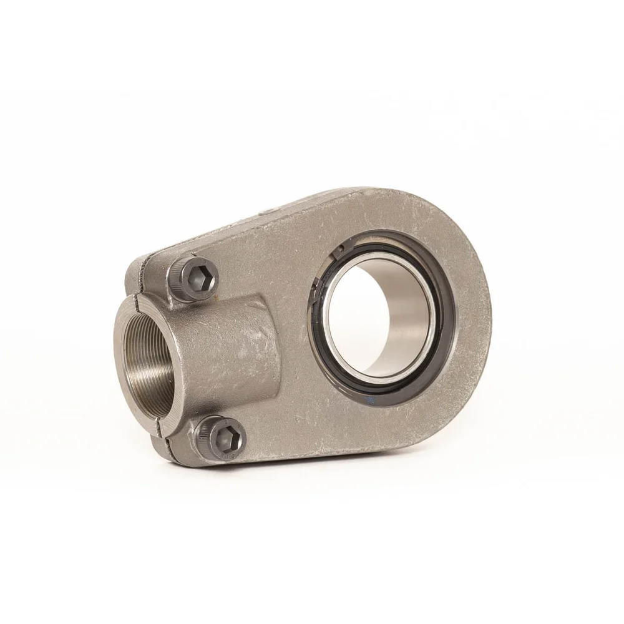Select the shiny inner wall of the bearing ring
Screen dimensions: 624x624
[x=399, y=312]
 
